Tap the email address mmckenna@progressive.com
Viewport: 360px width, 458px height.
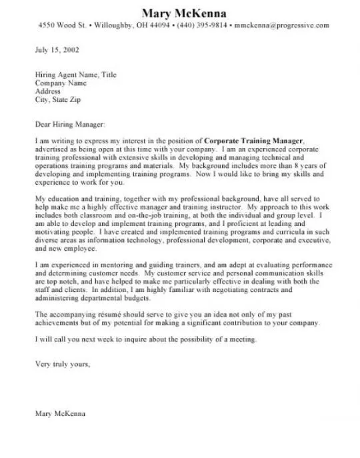click(x=282, y=26)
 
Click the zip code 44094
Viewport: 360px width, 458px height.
click(x=157, y=26)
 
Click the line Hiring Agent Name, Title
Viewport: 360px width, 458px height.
click(x=75, y=75)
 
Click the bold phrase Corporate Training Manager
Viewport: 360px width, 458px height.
click(x=253, y=141)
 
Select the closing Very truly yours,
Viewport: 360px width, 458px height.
click(x=62, y=364)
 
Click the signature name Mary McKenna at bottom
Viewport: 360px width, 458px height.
click(x=60, y=413)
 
